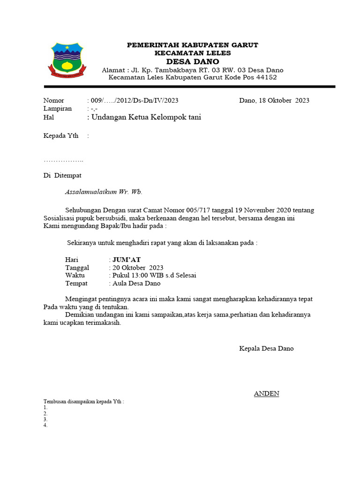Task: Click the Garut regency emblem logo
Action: [67, 60]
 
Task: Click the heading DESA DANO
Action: [193, 62]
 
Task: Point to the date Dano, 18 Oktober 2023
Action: [274, 100]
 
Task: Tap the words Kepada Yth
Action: [60, 136]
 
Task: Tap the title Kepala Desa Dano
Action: [266, 348]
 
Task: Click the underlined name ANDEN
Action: [266, 393]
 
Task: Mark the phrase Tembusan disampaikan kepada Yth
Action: [83, 402]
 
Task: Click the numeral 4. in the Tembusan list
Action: [45, 426]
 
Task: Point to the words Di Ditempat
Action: [62, 175]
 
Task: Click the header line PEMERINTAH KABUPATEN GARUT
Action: [193, 45]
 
